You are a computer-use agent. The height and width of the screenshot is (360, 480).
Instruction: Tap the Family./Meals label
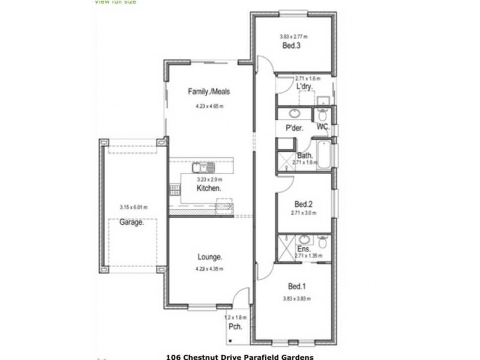[209, 92]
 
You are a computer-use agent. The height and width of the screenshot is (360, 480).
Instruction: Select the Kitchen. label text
[209, 188]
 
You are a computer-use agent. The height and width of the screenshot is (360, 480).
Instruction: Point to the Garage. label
[131, 222]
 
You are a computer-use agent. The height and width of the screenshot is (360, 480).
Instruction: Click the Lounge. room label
[210, 257]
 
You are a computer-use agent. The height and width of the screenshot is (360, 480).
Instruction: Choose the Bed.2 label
[303, 203]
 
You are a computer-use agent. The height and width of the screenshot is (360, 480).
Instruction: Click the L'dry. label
[305, 87]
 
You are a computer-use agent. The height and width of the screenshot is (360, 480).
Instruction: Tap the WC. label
[322, 127]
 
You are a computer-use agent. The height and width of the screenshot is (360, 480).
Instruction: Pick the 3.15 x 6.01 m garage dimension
[133, 208]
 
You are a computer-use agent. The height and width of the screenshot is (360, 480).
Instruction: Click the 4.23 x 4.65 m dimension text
[209, 106]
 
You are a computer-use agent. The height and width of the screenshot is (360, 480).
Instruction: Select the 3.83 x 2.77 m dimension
[293, 37]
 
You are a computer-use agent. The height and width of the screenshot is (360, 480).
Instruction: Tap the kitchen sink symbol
[200, 167]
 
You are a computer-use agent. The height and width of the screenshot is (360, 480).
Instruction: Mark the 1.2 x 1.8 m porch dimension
[235, 316]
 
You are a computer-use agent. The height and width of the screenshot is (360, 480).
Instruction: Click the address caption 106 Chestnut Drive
[239, 356]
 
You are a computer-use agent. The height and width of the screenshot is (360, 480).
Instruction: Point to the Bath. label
[305, 155]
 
